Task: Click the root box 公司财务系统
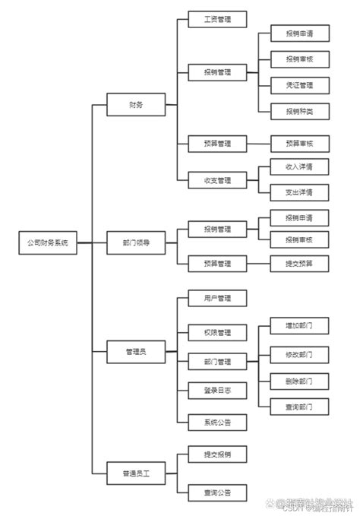[x=48, y=243]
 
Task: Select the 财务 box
[x=136, y=105]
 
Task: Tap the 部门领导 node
[x=136, y=243]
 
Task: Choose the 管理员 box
[x=136, y=352]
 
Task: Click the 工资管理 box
[x=217, y=19]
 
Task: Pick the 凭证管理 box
[x=299, y=84]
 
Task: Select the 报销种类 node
[x=299, y=111]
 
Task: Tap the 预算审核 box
[x=299, y=143]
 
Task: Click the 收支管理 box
[x=217, y=181]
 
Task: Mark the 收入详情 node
[x=299, y=166]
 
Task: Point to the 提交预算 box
[x=299, y=263]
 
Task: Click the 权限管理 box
[x=217, y=332]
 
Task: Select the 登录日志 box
[x=217, y=390]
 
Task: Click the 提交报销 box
[x=217, y=454]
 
